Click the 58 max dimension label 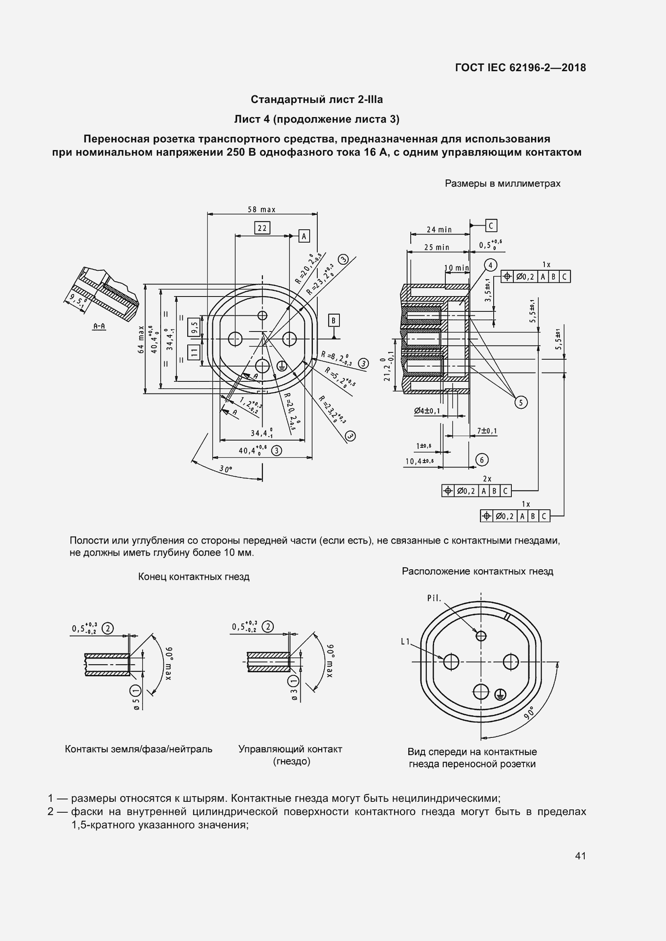click(261, 210)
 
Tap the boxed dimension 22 click(262, 228)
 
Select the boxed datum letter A click(304, 236)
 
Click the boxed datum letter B click(333, 320)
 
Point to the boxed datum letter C click(491, 225)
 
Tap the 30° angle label click(225, 469)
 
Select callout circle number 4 click(490, 265)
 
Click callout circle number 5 click(521, 402)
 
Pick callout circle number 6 click(482, 460)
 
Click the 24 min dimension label click(439, 229)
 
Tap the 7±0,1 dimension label click(487, 431)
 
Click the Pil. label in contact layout click(434, 598)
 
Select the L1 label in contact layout click(405, 642)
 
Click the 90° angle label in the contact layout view click(529, 713)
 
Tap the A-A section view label click(99, 326)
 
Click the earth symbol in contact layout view click(501, 694)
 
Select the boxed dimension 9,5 click(194, 326)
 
